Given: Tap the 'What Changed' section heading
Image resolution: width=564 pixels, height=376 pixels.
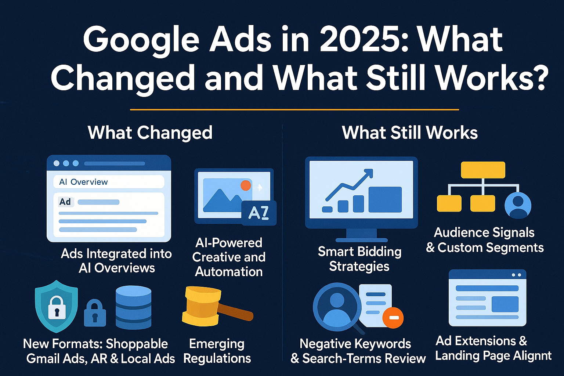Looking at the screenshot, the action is click(x=150, y=133).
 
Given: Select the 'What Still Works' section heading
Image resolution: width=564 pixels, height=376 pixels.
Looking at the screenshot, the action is click(x=410, y=133).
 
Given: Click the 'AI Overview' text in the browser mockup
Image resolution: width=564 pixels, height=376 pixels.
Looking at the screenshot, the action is click(x=83, y=182).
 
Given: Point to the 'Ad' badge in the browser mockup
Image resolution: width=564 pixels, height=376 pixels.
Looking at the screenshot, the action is click(x=65, y=202).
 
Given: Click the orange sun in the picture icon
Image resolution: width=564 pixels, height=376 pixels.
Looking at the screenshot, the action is click(x=246, y=185).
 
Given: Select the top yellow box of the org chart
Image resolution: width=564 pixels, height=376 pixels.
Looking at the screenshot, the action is click(x=483, y=170).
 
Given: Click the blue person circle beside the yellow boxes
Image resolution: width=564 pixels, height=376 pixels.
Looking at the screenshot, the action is click(x=518, y=206).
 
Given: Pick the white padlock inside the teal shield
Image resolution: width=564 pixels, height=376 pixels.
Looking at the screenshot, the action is click(x=57, y=308).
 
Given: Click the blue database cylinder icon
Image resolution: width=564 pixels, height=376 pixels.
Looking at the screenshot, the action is click(x=133, y=307).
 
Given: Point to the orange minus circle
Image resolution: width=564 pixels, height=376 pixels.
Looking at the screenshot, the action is click(x=393, y=318).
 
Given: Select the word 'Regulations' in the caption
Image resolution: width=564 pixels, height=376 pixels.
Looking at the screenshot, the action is click(x=217, y=358).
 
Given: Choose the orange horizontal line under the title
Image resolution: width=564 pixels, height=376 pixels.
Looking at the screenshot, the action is click(x=294, y=109).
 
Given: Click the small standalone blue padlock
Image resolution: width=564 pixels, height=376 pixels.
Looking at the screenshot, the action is click(x=95, y=313).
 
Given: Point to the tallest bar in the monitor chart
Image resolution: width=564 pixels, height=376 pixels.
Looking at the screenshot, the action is click(x=385, y=199).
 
